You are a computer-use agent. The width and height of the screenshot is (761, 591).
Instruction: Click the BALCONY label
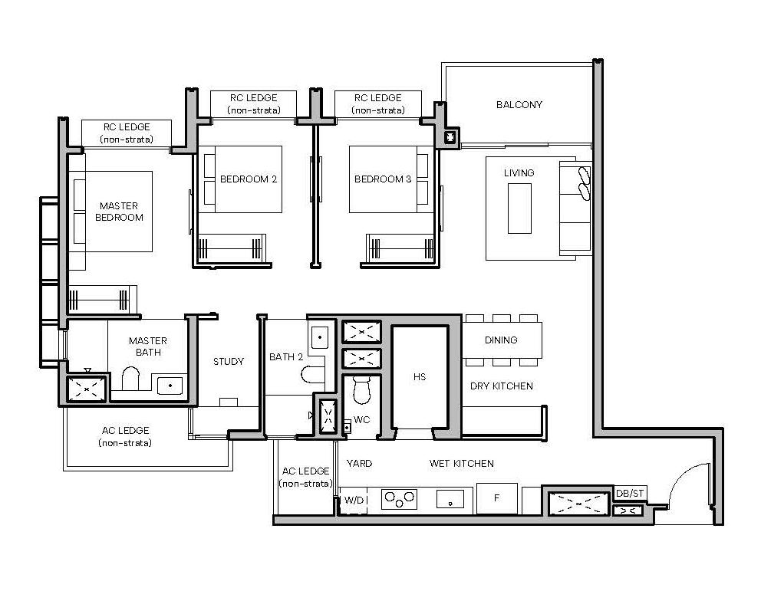(x=519, y=104)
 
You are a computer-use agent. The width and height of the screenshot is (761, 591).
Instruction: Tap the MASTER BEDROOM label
(x=119, y=212)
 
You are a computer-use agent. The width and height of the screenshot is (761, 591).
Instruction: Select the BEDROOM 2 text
(x=249, y=179)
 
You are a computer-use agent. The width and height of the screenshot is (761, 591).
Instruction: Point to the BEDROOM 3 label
(x=383, y=179)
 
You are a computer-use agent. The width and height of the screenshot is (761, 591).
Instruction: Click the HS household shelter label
(x=420, y=377)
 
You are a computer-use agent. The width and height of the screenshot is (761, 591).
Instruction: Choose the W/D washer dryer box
(x=354, y=500)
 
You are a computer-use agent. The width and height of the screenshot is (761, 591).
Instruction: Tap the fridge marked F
(x=496, y=498)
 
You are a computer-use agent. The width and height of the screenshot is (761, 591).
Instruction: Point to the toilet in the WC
(x=361, y=391)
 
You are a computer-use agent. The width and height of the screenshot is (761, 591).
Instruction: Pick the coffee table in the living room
(x=519, y=208)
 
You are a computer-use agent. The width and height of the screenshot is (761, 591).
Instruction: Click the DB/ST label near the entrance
(x=629, y=494)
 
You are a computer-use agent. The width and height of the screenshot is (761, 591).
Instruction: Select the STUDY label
(x=229, y=361)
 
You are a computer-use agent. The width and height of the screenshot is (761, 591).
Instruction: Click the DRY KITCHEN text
(x=502, y=386)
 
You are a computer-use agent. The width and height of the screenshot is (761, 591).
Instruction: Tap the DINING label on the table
(x=501, y=340)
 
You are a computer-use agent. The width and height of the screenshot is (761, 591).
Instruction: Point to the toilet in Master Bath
(x=130, y=380)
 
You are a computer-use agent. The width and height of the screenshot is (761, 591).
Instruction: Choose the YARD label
(x=359, y=463)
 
